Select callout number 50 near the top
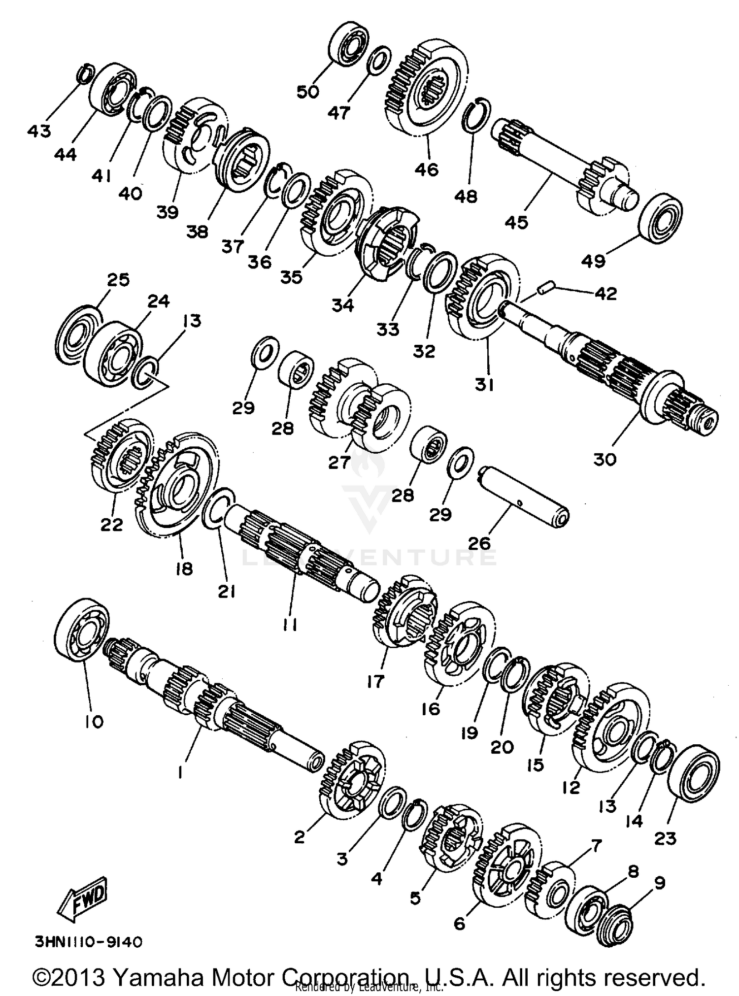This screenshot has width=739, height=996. (308, 92)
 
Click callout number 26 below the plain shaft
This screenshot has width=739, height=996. (479, 543)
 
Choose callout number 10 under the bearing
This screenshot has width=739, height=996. (94, 722)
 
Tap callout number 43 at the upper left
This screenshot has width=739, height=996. (39, 131)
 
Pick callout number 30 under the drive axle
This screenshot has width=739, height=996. (605, 459)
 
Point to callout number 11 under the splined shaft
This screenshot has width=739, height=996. (290, 625)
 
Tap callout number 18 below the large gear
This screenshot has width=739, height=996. (183, 568)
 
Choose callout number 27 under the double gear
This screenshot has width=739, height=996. (339, 462)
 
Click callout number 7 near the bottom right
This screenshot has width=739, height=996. (596, 846)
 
